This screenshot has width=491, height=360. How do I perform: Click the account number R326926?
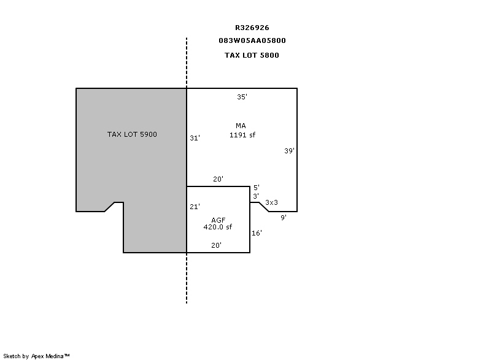tap(252, 28)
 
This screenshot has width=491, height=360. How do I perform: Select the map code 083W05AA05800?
tap(252, 40)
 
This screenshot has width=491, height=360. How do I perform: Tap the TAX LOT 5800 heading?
tap(252, 55)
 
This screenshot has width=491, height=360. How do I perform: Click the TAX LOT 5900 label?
tap(132, 134)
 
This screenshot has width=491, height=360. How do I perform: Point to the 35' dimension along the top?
tap(242, 97)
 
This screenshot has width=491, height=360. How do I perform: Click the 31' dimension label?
tap(195, 138)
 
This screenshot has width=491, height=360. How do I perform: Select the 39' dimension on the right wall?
tap(289, 151)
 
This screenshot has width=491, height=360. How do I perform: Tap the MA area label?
tap(241, 126)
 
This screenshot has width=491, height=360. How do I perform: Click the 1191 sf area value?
tap(242, 135)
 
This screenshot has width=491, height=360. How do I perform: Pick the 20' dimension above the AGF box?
tap(218, 179)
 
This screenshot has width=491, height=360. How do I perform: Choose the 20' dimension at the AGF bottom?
tap(217, 245)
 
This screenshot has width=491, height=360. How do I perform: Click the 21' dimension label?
tap(195, 207)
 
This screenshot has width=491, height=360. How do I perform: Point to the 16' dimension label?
tap(257, 233)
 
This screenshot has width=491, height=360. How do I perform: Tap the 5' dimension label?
tap(257, 188)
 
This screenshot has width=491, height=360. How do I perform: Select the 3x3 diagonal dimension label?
tap(271, 202)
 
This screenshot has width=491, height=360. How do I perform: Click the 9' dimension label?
tap(284, 218)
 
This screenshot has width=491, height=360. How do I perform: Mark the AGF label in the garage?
tap(218, 220)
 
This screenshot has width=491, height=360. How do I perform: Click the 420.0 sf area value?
tap(218, 227)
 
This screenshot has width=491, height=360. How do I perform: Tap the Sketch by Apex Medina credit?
tap(36, 356)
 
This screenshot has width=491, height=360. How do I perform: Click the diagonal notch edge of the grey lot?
tap(109, 207)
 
